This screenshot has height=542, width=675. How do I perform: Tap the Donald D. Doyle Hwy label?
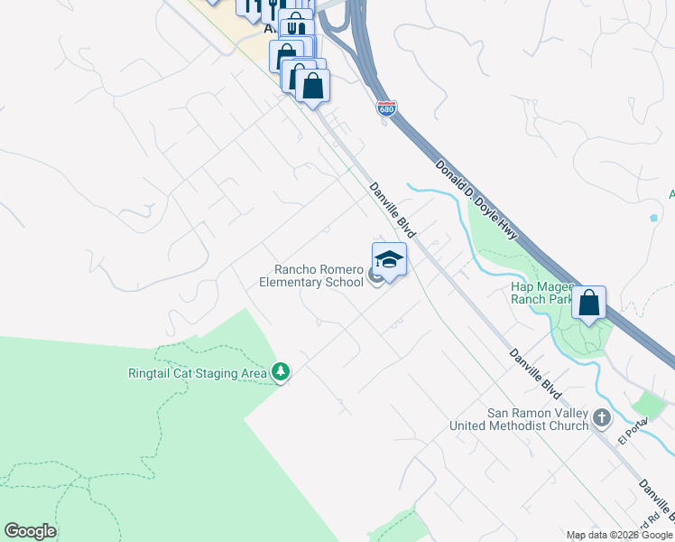[476, 200]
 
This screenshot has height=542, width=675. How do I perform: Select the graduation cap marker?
[389, 260]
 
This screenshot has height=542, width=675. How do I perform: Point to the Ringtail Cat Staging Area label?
[198, 372]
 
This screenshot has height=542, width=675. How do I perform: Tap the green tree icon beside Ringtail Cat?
[281, 372]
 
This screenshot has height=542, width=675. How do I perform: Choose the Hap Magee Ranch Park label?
[541, 292]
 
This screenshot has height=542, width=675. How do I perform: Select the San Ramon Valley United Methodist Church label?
[537, 419]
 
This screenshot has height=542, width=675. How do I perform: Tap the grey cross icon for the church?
[603, 418]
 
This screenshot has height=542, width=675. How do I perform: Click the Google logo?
[30, 531]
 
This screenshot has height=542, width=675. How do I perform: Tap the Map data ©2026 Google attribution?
[620, 535]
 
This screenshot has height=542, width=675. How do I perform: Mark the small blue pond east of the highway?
[653, 218]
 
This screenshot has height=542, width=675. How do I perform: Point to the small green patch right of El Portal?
[650, 404]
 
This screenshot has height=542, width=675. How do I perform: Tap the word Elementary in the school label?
[290, 282]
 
